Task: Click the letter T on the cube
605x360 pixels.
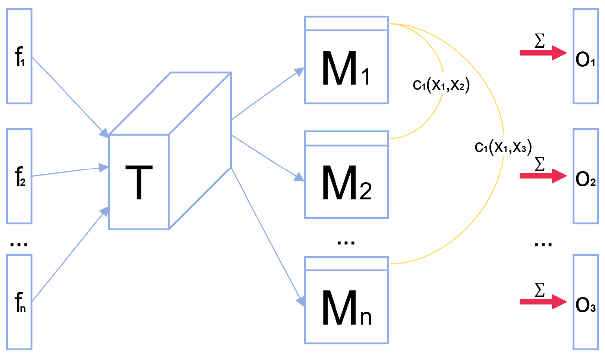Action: click(x=139, y=183)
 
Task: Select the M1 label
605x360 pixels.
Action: click(x=346, y=69)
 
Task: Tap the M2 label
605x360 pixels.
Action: click(x=346, y=183)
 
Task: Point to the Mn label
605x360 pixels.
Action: click(x=346, y=308)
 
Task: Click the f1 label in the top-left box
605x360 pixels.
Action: click(x=20, y=57)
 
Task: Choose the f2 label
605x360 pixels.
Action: click(x=20, y=177)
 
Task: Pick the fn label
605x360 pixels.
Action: click(x=20, y=302)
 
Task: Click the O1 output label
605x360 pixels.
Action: click(x=585, y=60)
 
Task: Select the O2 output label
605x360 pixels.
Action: click(x=585, y=179)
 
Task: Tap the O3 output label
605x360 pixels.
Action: click(x=585, y=305)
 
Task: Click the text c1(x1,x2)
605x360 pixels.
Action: click(x=441, y=85)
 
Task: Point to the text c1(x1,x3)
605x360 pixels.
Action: click(x=503, y=147)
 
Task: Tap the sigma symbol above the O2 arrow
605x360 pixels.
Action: click(x=539, y=164)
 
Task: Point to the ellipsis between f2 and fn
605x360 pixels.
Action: click(x=19, y=244)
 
